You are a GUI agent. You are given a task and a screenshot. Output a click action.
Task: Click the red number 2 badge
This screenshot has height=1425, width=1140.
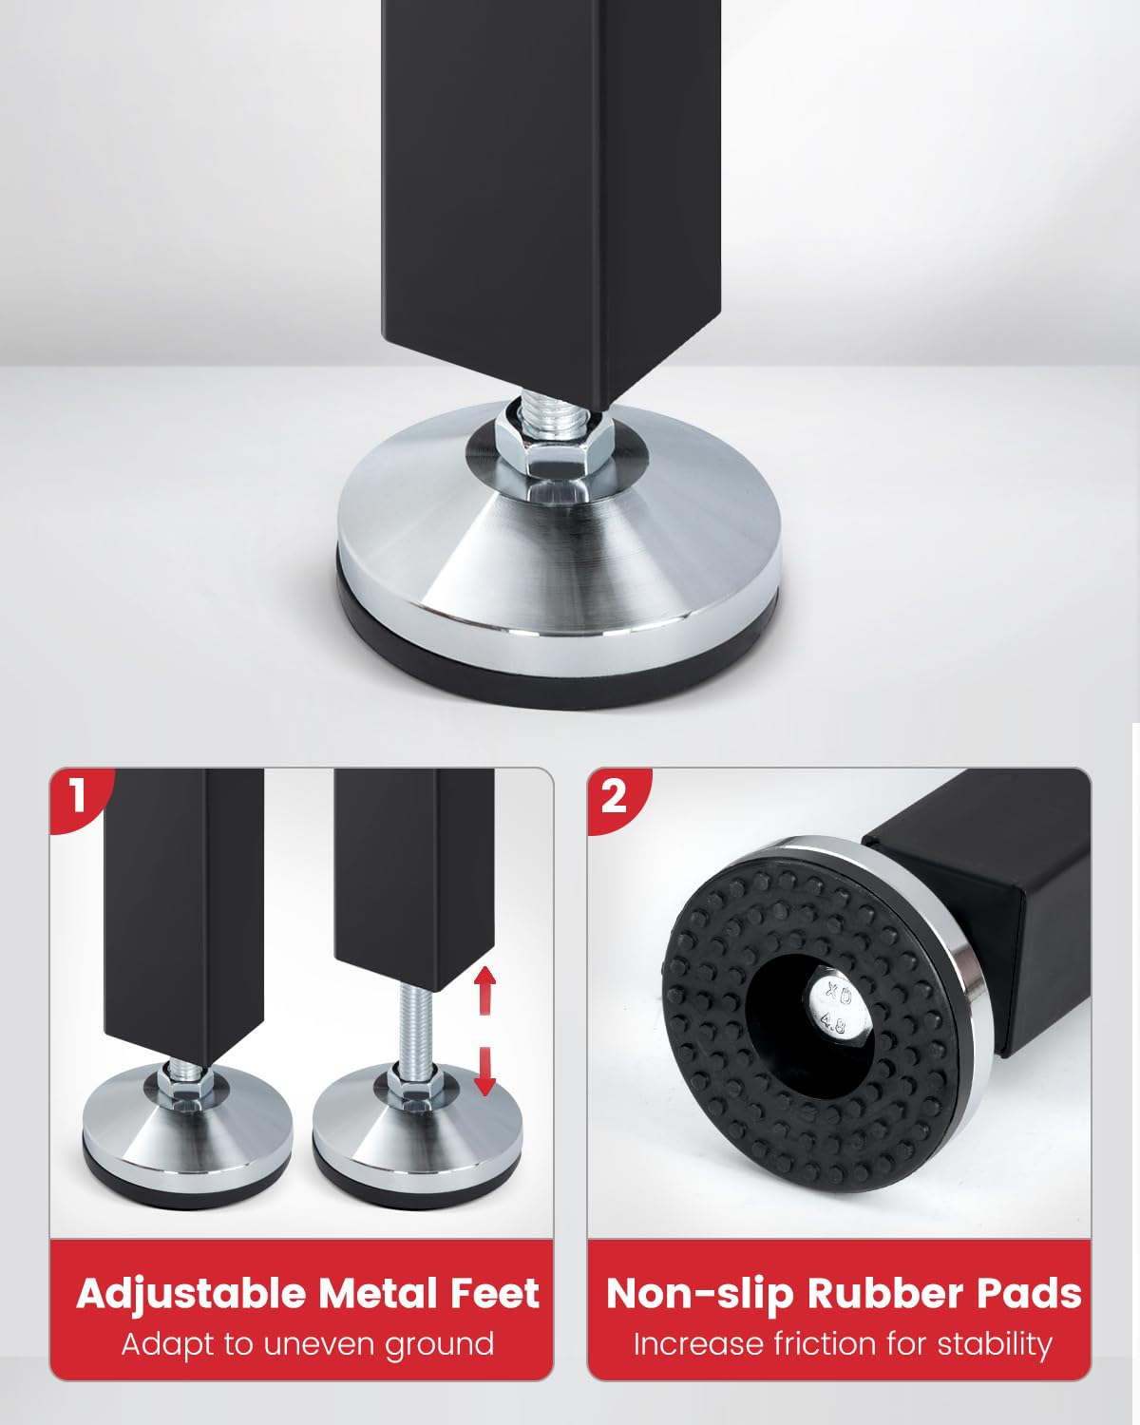pyautogui.click(x=614, y=797)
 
